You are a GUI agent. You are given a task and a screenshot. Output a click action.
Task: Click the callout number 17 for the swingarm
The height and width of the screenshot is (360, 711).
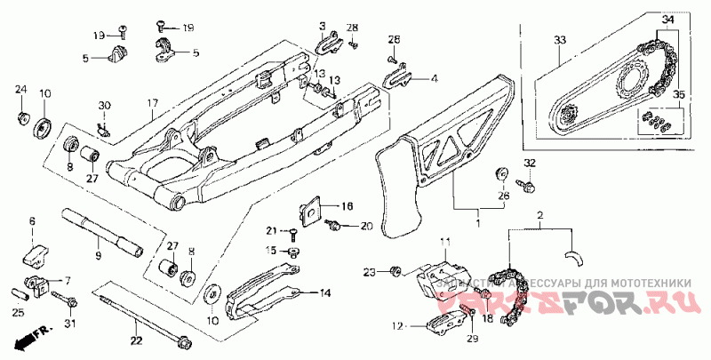(x=152, y=102)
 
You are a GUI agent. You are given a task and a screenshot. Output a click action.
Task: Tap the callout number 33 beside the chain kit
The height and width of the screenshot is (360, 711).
(x=559, y=41)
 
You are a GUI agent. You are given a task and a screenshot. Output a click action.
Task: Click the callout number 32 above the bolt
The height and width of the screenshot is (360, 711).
(x=529, y=163)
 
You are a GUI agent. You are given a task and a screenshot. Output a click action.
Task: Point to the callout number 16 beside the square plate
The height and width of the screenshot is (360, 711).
(x=347, y=205)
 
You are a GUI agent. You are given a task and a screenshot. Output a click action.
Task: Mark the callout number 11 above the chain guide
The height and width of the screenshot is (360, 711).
(x=444, y=242)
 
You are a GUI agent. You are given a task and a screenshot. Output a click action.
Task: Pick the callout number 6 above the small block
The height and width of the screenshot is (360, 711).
(x=32, y=220)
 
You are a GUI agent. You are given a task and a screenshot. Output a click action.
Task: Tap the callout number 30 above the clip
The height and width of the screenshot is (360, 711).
(x=104, y=106)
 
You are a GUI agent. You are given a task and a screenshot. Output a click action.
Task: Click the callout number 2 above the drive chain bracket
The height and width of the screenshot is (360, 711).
(x=539, y=216)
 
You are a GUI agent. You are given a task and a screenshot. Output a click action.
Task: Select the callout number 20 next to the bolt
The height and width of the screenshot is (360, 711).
(x=366, y=227)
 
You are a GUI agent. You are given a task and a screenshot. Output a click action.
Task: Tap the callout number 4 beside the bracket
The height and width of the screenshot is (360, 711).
(x=434, y=78)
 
